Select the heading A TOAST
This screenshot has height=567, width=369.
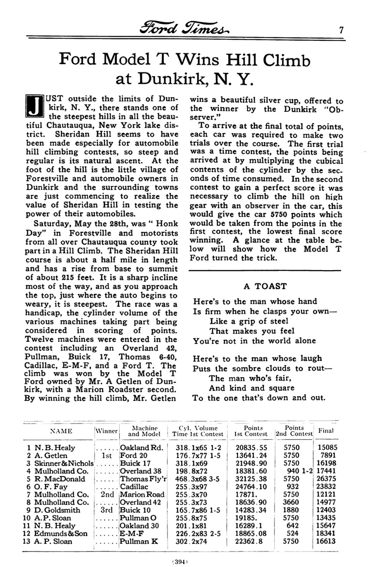[265, 286]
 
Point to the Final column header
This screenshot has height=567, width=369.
[326, 431]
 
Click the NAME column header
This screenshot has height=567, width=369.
[61, 431]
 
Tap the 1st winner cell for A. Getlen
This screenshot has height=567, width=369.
[107, 456]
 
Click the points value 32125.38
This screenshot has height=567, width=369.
[251, 479]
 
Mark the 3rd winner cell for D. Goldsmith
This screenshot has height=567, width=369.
[107, 510]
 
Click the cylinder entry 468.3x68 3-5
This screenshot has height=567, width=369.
[198, 479]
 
